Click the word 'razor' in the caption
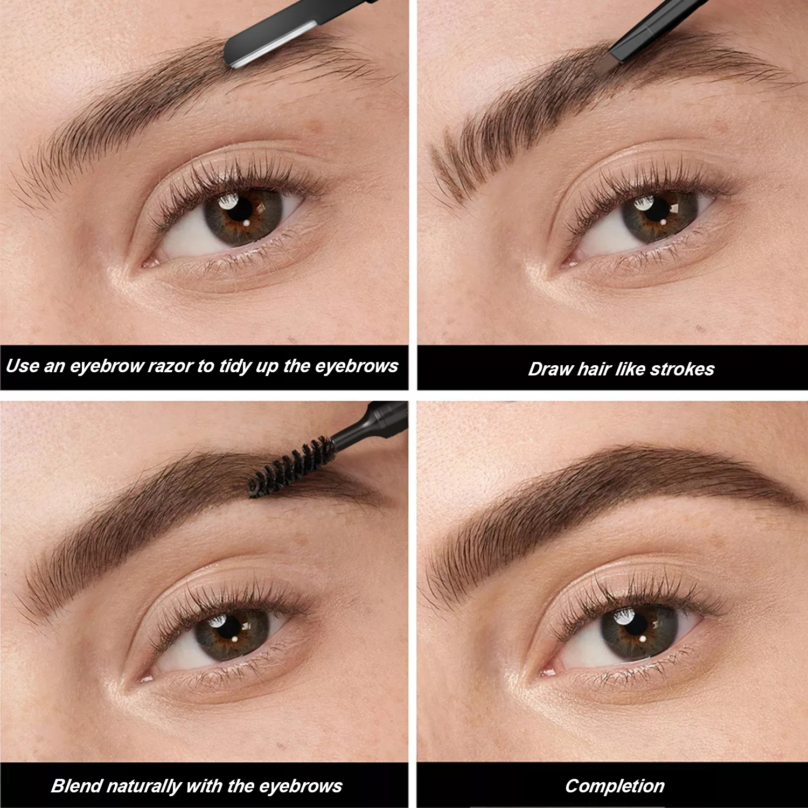pyautogui.click(x=170, y=366)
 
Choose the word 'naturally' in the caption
pyautogui.click(x=143, y=786)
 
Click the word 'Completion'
pyautogui.click(x=615, y=786)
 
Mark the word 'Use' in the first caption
pyautogui.click(x=22, y=366)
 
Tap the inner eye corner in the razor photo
pyautogui.click(x=148, y=263)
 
